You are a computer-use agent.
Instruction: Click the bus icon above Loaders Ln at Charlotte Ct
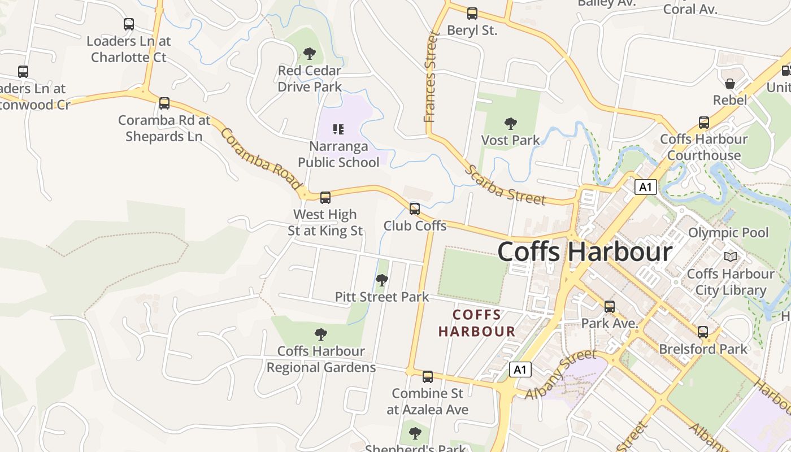[x=129, y=24]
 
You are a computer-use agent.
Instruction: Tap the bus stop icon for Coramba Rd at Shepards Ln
[x=164, y=103]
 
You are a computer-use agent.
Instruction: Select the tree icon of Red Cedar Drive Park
[x=309, y=54]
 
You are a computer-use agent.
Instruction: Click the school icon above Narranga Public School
[x=338, y=129]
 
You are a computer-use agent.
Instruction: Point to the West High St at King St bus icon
[x=325, y=198]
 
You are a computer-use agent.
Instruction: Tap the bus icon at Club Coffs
[x=415, y=209]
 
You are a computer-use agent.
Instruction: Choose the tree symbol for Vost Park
[x=511, y=123]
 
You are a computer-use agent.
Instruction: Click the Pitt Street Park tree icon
[x=382, y=280]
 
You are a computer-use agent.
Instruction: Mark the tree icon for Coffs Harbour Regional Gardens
[x=321, y=334]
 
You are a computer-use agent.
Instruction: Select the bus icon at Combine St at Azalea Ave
[x=428, y=377]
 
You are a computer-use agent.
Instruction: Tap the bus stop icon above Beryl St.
[x=472, y=14]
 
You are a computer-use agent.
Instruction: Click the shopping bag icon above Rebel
[x=730, y=84]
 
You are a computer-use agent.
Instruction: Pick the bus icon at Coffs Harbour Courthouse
[x=704, y=123]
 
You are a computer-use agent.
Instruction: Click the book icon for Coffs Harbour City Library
[x=731, y=257]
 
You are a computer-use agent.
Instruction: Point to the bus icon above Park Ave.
[x=610, y=307]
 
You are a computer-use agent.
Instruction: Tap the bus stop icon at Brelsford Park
[x=703, y=332]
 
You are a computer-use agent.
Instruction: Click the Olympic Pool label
[x=728, y=233]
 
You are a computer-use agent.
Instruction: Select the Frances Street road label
[x=432, y=77]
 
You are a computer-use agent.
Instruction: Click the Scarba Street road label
[x=505, y=185]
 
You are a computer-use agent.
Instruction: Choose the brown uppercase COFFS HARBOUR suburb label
[x=477, y=323]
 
